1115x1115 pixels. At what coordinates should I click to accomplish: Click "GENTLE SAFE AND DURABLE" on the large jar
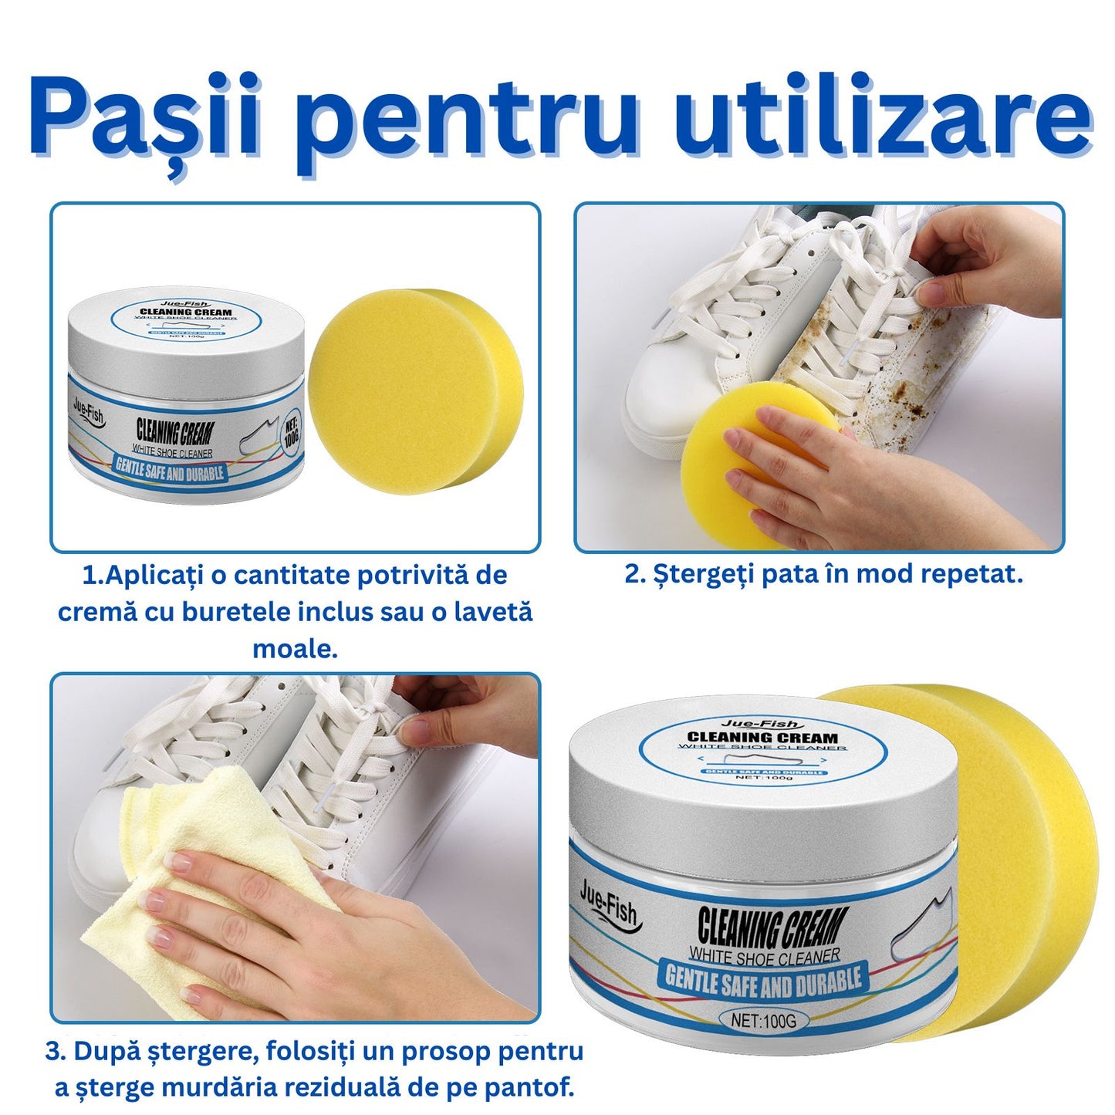coord(764,980)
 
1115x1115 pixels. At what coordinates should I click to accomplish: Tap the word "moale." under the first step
coord(295,649)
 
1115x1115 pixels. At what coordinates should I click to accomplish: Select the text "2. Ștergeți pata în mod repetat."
coord(824,575)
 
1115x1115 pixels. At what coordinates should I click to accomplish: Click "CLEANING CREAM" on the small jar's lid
coord(186,312)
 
